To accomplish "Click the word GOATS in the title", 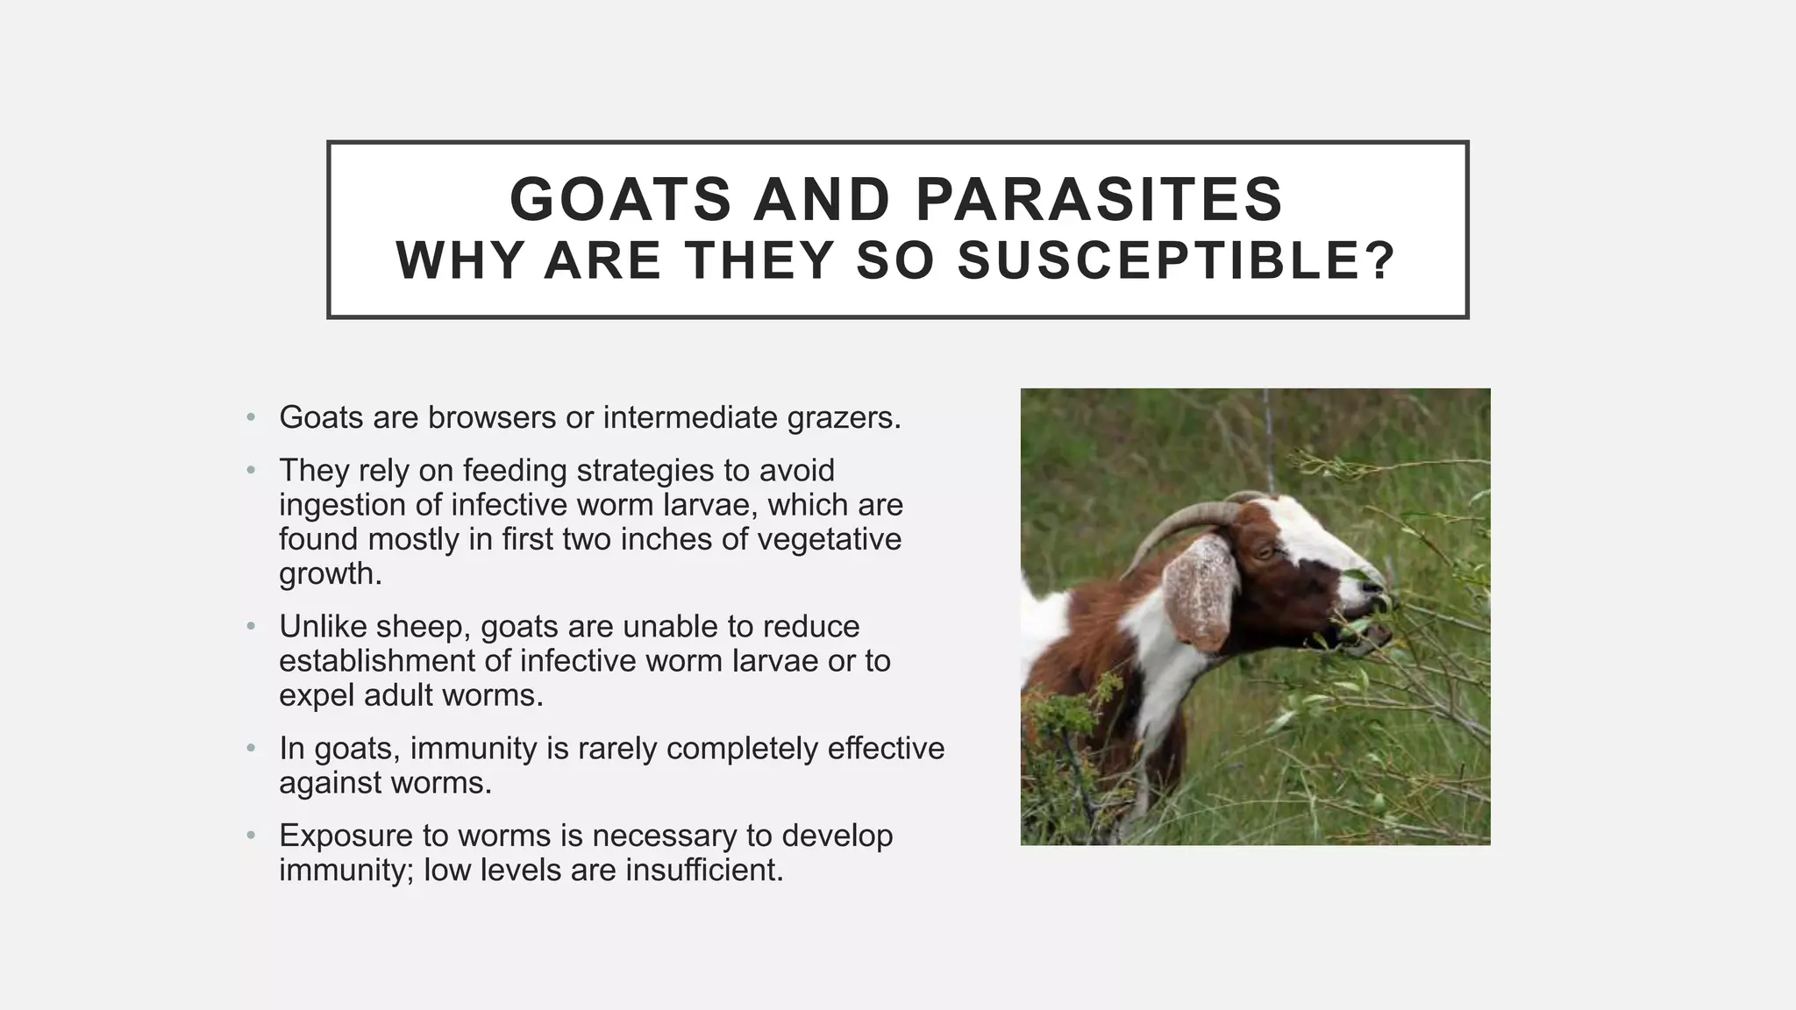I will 620,199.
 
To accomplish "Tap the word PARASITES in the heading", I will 1100,199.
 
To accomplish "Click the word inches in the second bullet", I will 666,539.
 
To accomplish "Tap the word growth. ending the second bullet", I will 331,574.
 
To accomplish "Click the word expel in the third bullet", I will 317,695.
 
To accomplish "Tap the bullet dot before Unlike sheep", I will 251,627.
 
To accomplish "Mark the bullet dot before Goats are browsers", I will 251,417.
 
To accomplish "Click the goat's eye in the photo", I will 1264,551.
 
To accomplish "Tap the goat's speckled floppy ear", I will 1199,592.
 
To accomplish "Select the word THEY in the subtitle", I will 759,261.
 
